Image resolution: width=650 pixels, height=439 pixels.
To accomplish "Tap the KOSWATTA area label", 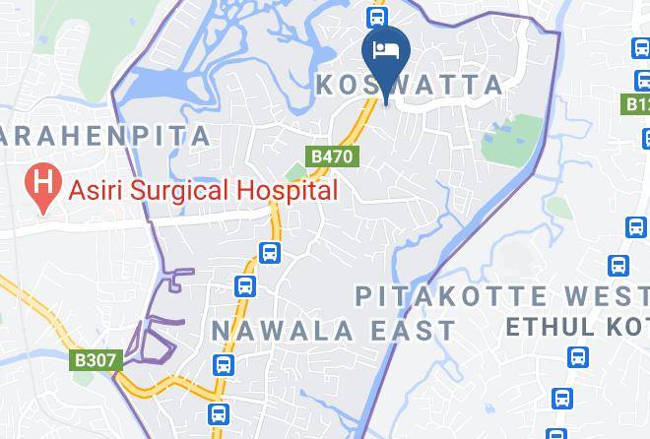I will pos(410,86).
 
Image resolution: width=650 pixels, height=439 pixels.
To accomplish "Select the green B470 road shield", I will pos(332,157).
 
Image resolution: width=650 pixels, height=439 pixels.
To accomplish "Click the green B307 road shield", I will pos(96,360).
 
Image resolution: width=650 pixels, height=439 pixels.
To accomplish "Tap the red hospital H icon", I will pos(41,183).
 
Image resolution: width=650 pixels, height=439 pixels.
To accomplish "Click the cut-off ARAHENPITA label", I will pos(105,136).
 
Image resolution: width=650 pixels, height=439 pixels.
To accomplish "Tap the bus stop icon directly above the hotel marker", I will pos(376,16).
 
